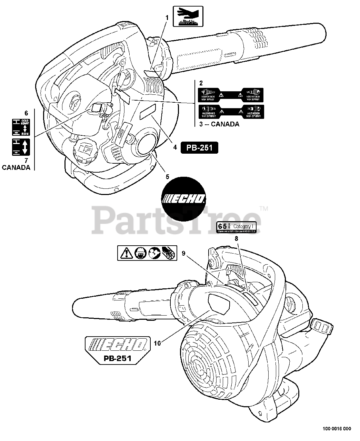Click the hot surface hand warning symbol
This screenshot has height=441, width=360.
coord(188,16)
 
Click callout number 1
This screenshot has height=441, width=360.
coord(167,17)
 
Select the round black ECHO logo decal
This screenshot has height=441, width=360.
coord(184,198)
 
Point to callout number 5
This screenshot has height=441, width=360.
coord(167,177)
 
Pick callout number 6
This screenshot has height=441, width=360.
coord(26,113)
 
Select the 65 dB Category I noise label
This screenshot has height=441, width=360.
coord(236,227)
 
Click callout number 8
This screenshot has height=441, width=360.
coord(237,238)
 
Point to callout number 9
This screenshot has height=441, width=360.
coord(183,253)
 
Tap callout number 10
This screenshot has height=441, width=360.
coord(158,343)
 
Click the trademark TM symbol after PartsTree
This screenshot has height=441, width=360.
coord(264,208)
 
